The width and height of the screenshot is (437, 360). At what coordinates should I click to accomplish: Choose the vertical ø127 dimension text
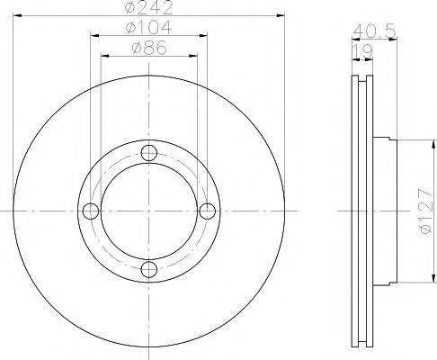[423, 211]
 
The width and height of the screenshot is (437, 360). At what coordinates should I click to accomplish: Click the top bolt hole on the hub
[148, 152]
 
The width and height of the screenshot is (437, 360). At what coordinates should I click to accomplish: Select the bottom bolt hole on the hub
[148, 268]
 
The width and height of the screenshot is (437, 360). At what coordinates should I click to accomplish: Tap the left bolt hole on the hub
[90, 211]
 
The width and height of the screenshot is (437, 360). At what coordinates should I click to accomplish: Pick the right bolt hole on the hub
[207, 211]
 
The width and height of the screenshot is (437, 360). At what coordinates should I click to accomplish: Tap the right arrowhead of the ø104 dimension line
[204, 37]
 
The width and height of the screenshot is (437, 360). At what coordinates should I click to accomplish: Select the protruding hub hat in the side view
[382, 211]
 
